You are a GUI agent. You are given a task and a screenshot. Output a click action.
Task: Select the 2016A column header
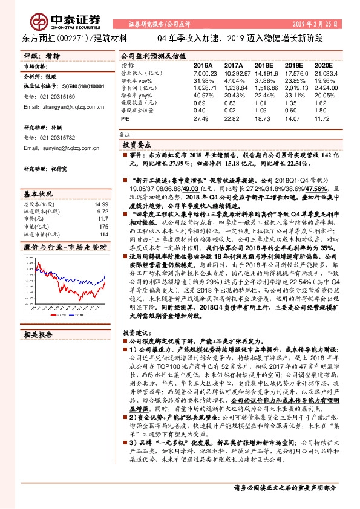coord(203,65)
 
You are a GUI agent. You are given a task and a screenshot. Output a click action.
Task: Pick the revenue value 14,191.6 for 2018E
coord(264,73)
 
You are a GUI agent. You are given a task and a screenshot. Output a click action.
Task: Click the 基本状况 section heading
coord(38,195)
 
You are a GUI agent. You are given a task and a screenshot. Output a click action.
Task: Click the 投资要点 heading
coord(137,146)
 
